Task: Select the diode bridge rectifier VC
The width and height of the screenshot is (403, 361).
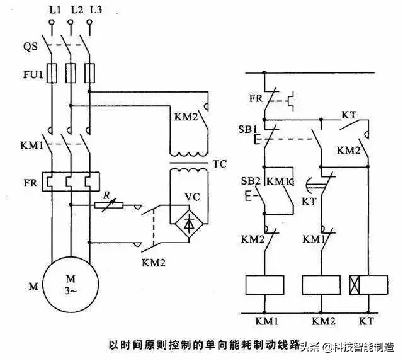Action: [190, 222]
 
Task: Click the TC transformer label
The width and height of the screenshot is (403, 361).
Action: [220, 164]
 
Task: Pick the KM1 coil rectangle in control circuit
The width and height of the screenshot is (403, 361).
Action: [265, 285]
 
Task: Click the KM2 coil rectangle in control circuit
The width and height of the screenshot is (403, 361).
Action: [321, 285]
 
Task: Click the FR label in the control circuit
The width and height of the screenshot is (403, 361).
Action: [254, 98]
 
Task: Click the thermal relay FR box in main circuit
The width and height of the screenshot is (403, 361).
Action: [71, 182]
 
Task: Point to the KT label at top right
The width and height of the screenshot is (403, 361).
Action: [349, 114]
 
